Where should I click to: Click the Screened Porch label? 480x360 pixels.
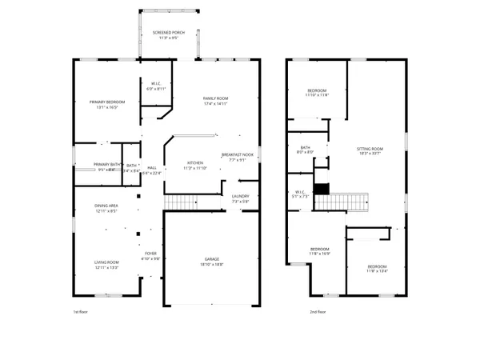click(x=168, y=32)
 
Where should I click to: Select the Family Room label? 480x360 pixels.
click(x=216, y=98)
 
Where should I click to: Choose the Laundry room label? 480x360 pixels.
click(x=241, y=196)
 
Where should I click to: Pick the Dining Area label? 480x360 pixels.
click(x=107, y=206)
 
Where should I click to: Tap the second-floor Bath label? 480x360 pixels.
click(x=305, y=147)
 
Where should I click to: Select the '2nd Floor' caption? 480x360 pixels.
click(x=318, y=312)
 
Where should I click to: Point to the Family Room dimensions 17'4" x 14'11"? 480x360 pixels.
click(x=216, y=104)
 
